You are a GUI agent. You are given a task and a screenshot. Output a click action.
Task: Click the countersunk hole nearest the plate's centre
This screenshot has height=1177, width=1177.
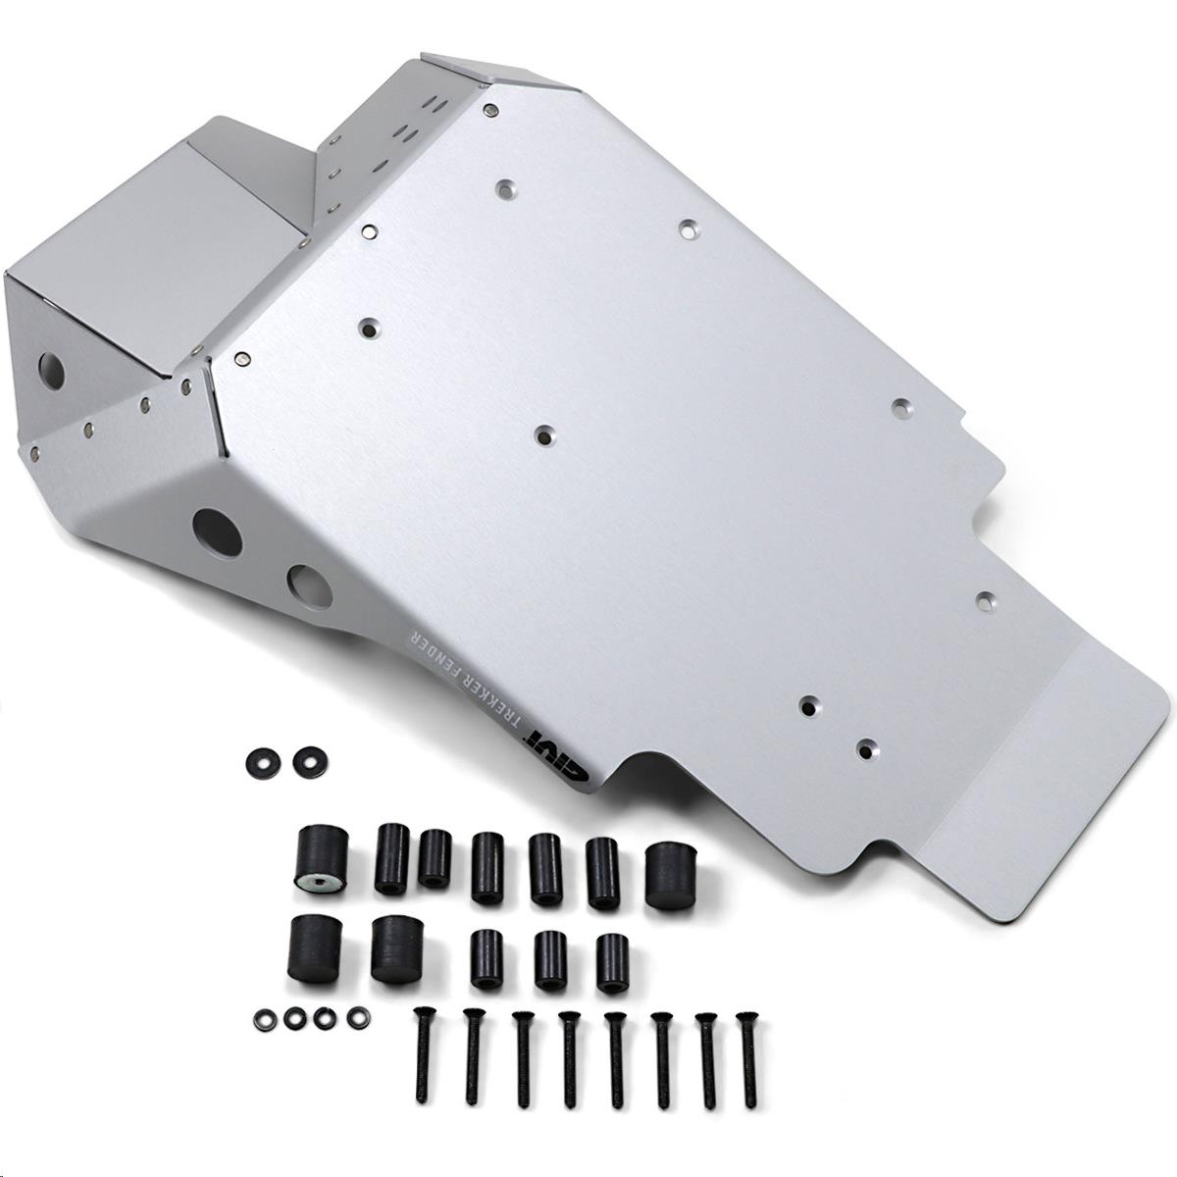tap(544, 433)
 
